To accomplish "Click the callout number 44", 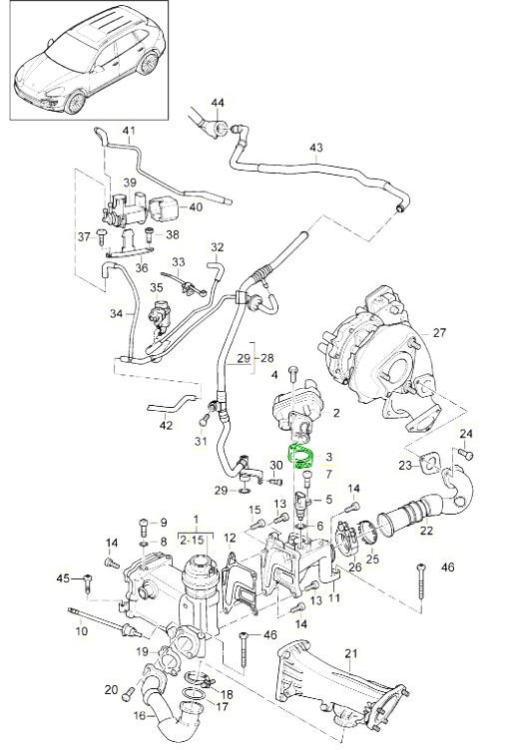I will click(218, 103).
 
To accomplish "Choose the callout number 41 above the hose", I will click(128, 132).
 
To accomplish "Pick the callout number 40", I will click(195, 206).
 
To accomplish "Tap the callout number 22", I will click(426, 530).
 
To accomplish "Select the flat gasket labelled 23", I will click(431, 462).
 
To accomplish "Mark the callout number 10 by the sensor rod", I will click(81, 632).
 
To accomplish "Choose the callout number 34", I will click(117, 313).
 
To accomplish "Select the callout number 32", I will click(217, 246).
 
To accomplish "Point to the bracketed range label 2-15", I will click(196, 539).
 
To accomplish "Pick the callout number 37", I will click(85, 236).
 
